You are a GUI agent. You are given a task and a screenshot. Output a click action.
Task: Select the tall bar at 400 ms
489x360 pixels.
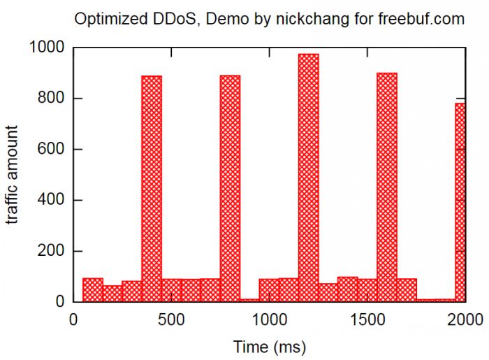click(x=152, y=189)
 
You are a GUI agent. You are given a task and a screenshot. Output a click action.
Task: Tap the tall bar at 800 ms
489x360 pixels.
click(x=230, y=189)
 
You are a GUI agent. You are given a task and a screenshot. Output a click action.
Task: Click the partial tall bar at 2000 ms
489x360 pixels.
click(x=460, y=203)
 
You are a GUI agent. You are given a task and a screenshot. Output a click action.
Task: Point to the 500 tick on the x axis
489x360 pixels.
click(x=171, y=320)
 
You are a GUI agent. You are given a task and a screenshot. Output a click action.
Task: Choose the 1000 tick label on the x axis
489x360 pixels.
click(x=269, y=320)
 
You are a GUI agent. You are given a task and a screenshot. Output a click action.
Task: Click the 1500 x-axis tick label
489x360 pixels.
click(x=367, y=320)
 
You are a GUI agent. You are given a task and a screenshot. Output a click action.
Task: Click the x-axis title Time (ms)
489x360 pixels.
click(x=269, y=346)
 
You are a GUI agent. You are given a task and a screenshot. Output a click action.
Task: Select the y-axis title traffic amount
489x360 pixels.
click(x=13, y=175)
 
